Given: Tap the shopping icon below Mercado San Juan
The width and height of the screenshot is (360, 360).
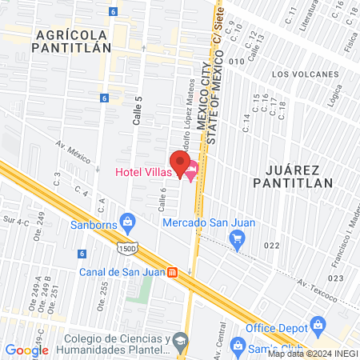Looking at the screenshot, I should (x=236, y=238).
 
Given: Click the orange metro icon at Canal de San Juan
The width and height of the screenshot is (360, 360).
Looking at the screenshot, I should (x=172, y=270).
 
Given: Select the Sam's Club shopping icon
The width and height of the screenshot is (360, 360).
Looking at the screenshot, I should (x=237, y=345).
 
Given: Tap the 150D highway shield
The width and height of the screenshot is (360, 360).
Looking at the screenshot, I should (x=129, y=249).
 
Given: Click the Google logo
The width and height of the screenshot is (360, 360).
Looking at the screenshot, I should (x=27, y=350).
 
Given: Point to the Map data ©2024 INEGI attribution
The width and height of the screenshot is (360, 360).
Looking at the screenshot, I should (x=312, y=354).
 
